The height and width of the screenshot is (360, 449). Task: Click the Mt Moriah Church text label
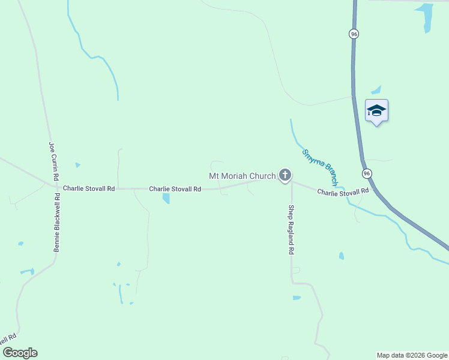click(242, 176)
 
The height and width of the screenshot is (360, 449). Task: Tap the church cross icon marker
click(285, 176)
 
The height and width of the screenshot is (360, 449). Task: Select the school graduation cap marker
click(376, 111)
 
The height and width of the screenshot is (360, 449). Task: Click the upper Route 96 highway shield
click(354, 34)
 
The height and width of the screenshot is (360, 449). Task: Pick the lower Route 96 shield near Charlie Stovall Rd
click(367, 173)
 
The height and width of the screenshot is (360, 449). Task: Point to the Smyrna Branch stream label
click(321, 167)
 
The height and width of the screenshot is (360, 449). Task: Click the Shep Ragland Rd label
click(291, 230)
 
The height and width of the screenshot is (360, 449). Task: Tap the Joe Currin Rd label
click(53, 161)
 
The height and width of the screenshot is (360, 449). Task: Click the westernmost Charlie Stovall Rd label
click(89, 188)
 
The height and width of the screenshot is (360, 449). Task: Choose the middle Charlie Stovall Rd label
click(175, 189)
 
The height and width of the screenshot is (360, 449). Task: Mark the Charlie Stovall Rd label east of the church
click(343, 192)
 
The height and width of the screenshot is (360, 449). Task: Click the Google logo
click(20, 353)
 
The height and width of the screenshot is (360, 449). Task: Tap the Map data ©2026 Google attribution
click(412, 355)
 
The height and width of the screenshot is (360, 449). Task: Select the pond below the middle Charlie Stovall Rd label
click(166, 199)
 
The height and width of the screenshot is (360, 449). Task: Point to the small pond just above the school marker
click(376, 91)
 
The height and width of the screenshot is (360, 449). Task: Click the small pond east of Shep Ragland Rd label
click(342, 256)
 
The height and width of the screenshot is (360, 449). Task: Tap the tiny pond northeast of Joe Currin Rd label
click(77, 165)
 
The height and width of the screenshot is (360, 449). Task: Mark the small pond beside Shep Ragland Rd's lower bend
click(297, 298)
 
